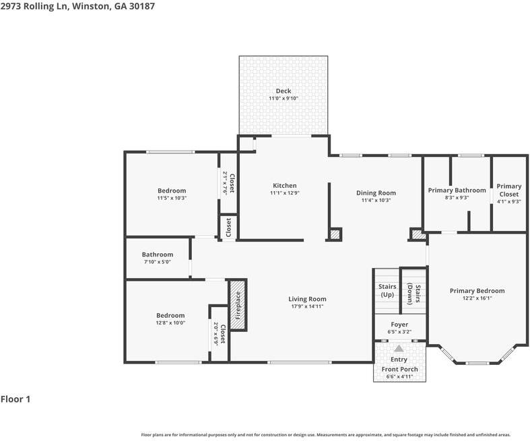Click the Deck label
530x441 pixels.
pos(284,91)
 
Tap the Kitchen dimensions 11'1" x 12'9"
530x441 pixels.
pos(285,193)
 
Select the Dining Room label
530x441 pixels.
pos(376,193)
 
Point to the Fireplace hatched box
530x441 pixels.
pos(238,305)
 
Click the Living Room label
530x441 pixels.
pos(307,299)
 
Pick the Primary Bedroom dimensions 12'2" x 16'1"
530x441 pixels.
pos(477,298)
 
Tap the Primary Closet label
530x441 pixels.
pos(508,190)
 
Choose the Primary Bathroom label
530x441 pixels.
pos(457,191)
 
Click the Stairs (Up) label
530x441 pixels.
pos(387,290)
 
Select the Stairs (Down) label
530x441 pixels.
pos(413,294)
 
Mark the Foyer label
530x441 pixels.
pos(399,325)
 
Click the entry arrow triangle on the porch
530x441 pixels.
pos(399,348)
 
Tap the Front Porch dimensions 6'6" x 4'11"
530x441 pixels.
pos(399,376)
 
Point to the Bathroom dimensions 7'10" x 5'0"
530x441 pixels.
pos(157,262)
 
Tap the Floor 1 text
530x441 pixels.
pos(15,399)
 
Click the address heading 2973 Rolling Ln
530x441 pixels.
pos(35,6)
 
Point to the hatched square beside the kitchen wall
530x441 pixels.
pos(335,234)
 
